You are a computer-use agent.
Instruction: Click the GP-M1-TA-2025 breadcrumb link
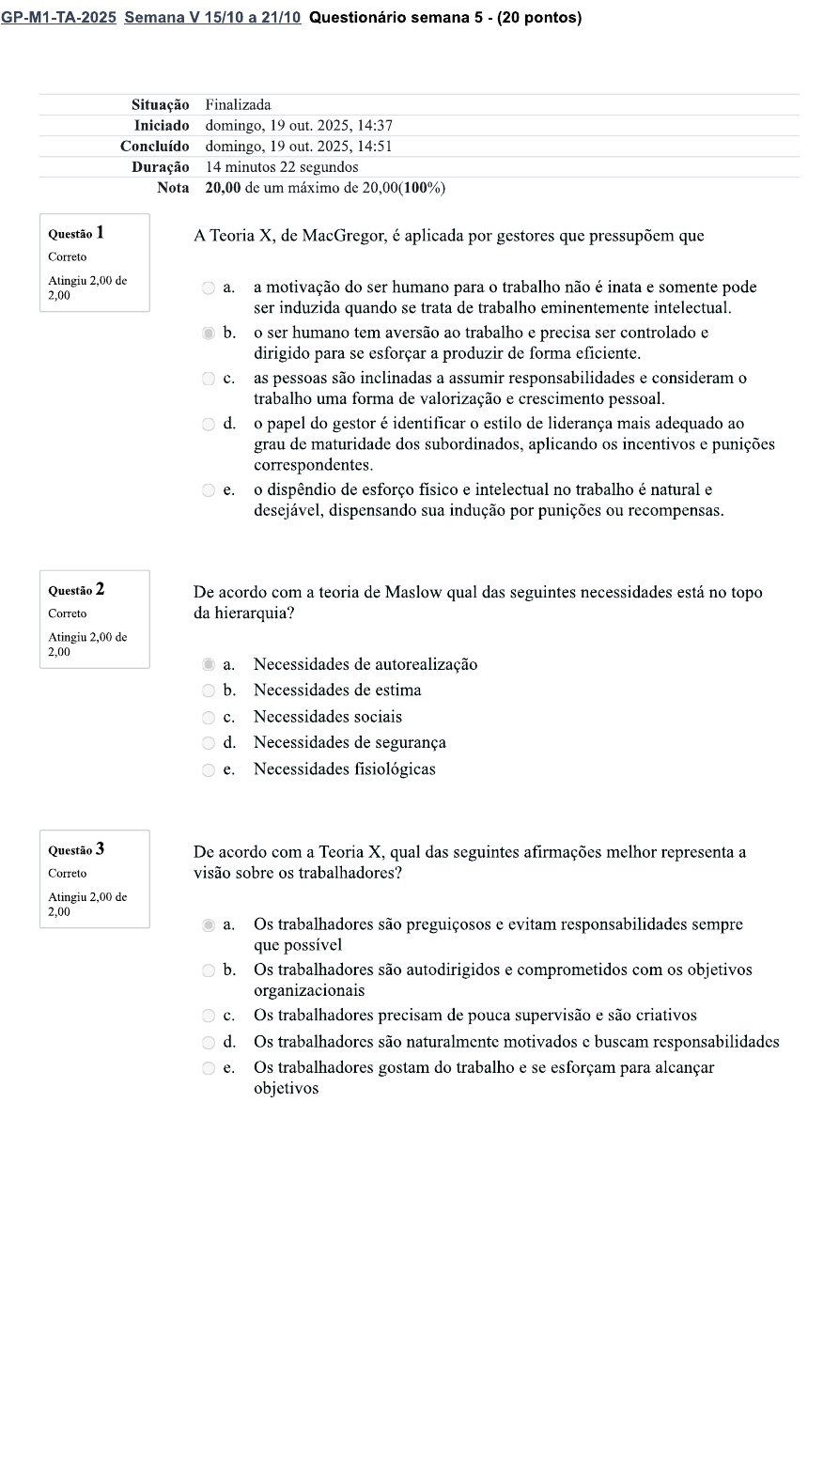pos(58,18)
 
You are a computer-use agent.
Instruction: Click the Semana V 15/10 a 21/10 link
pos(211,18)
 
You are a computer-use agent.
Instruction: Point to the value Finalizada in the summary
pos(238,104)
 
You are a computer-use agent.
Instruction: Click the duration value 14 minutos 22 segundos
pos(282,167)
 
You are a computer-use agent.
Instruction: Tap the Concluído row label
pos(154,147)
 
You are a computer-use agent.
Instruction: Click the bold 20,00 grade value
pos(223,188)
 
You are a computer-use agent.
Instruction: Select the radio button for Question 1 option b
pos(209,333)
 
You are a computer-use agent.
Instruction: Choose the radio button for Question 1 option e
pos(209,490)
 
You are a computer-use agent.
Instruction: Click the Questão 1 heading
pos(76,233)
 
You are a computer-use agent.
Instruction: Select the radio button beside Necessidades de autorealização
pos(209,665)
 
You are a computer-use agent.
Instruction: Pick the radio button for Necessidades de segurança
pos(209,743)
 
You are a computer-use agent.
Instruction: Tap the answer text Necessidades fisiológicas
pos(344,769)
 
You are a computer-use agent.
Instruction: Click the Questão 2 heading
pos(76,590)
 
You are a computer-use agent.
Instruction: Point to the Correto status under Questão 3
pos(68,874)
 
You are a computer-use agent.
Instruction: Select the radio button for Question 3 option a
pos(209,924)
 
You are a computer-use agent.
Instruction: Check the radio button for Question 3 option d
pos(209,1042)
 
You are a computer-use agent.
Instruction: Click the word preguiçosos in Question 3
pos(432,924)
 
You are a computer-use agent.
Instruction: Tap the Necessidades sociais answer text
pos(327,717)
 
